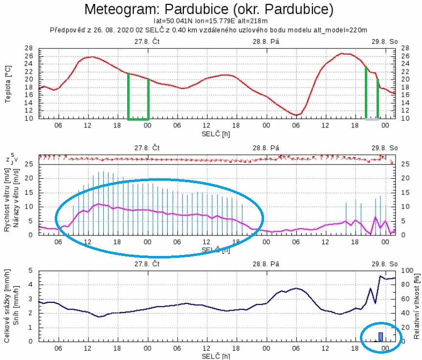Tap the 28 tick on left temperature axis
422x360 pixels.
coord(30,48)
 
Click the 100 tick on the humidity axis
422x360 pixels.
coord(405,270)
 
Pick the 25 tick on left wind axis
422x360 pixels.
coord(30,164)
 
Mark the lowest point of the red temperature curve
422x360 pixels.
coord(296,115)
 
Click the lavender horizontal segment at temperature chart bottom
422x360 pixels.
coord(372,119)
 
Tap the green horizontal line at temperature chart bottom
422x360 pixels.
coord(138,119)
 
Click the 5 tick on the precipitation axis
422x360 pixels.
coord(30,270)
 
